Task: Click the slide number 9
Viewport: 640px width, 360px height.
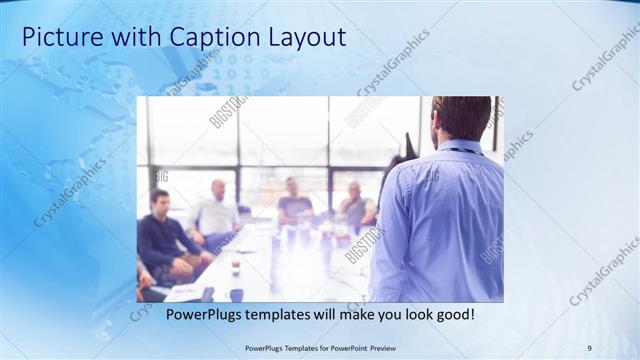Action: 589,347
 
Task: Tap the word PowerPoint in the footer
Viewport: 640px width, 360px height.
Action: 340,347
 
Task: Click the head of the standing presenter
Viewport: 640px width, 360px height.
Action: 461,118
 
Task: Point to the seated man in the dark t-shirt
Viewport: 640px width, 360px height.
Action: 294,204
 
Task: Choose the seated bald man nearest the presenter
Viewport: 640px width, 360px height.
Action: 354,206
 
